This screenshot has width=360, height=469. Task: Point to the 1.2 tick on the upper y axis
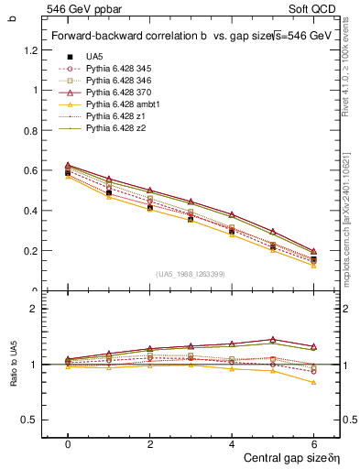[x=31, y=49]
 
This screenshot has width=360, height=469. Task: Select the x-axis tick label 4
[x=232, y=443]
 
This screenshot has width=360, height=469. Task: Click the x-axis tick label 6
[x=313, y=443]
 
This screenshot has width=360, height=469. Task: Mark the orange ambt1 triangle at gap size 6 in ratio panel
[x=313, y=382]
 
